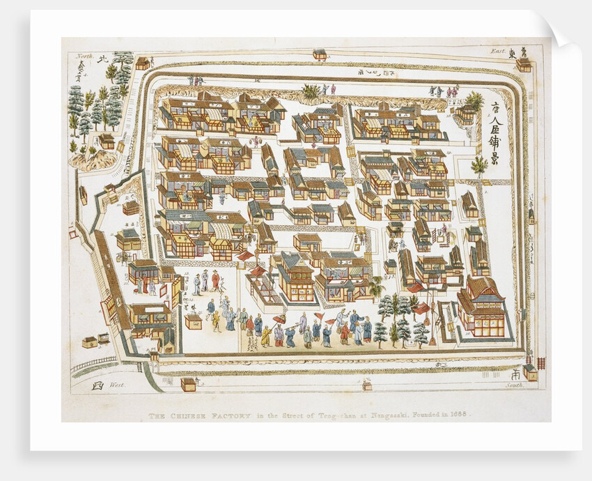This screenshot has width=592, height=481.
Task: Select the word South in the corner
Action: [x=513, y=385]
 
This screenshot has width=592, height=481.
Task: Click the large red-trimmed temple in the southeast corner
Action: [x=482, y=307]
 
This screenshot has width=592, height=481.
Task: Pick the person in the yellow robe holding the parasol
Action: [x=266, y=335]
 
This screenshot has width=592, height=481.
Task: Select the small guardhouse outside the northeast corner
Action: [x=522, y=63]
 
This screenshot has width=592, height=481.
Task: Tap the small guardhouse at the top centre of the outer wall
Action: [x=320, y=54]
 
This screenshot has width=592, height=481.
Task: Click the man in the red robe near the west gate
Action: [x=216, y=280]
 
